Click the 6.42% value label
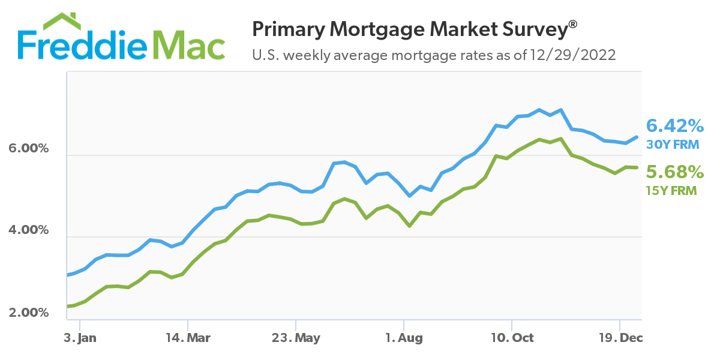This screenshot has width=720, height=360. tap(674, 126)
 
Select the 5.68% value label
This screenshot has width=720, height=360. tap(674, 173)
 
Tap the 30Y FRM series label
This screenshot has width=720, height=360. tap(673, 144)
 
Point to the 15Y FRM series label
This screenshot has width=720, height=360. tap(671, 191)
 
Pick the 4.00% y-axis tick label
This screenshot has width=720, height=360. tap(28, 230)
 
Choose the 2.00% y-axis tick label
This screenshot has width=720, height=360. tap(28, 313)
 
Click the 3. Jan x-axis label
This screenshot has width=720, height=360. tap(80, 338)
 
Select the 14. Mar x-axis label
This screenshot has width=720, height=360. tap(187, 338)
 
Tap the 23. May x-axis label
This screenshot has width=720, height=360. tap(295, 338)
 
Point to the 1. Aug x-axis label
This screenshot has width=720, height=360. tap(404, 338)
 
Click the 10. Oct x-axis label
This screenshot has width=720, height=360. tap(511, 338)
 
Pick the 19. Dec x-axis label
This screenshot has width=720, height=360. tap(620, 338)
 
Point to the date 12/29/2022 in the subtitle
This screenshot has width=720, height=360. tap(572, 55)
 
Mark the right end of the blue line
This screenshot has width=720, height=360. tap(637, 137)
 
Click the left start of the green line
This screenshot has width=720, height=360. tap(68, 306)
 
